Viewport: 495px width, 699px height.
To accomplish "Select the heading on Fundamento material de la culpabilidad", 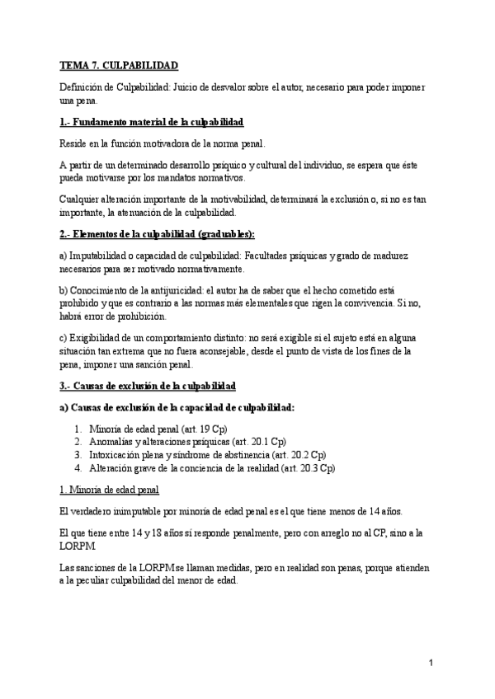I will coord(151,122).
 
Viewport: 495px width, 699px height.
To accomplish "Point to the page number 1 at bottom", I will coord(431,663).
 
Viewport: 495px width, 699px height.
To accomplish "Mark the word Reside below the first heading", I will coord(75,143).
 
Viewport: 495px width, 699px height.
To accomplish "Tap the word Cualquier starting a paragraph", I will coord(82,199).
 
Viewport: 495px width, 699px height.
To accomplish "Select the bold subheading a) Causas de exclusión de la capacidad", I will coord(177,407).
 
